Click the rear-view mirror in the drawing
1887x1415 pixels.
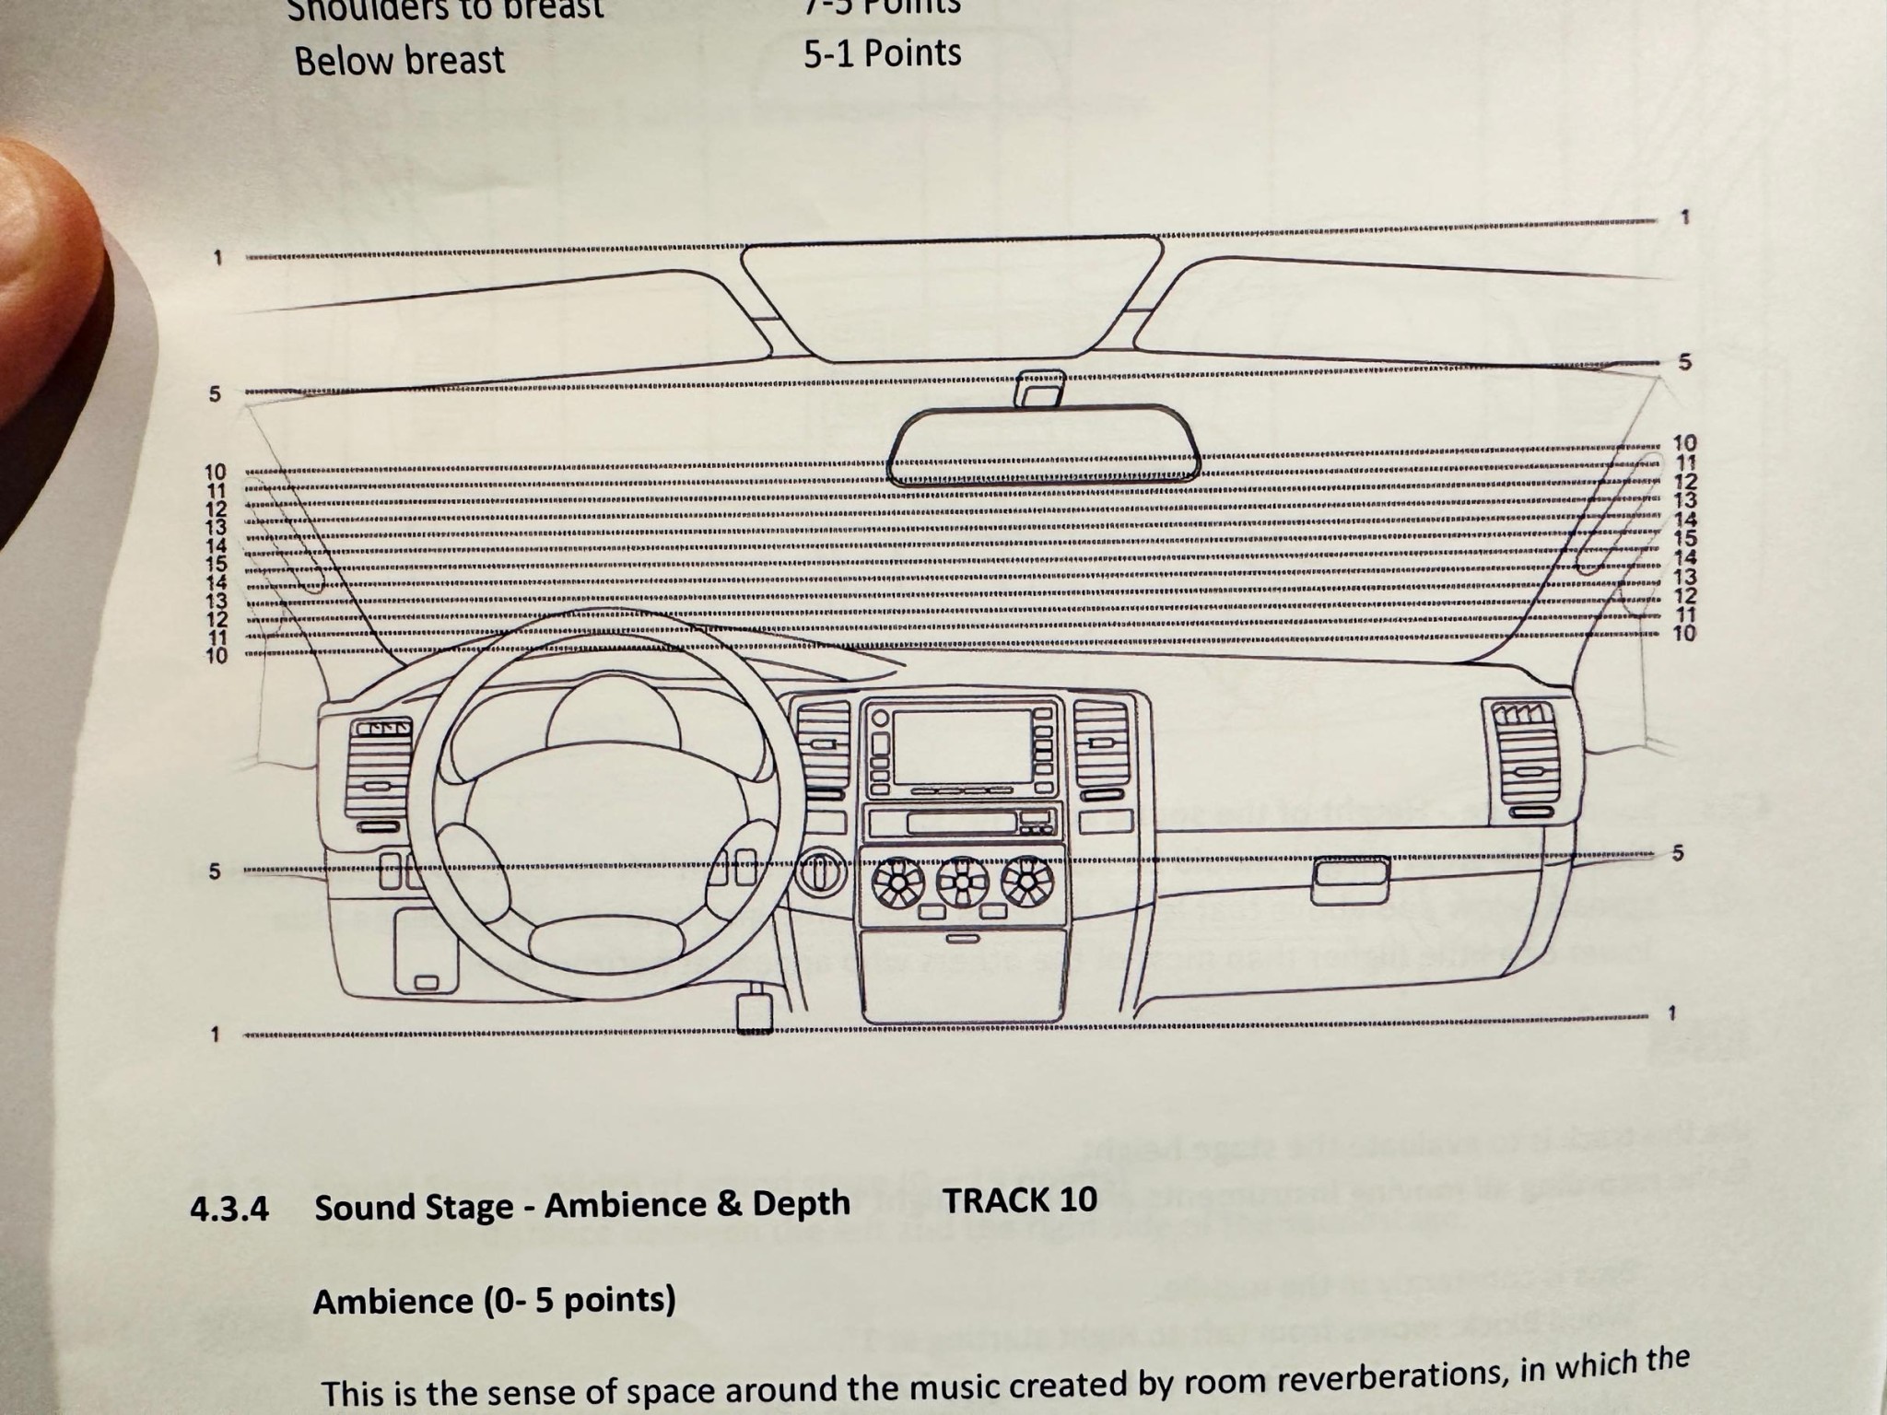pyautogui.click(x=1043, y=446)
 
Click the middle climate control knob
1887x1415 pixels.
pyautogui.click(x=963, y=882)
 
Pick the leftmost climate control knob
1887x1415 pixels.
pyautogui.click(x=897, y=882)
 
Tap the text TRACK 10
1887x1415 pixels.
pyautogui.click(x=1020, y=1200)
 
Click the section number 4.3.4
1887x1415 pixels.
pyautogui.click(x=229, y=1209)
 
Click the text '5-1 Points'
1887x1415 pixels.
pyautogui.click(x=882, y=53)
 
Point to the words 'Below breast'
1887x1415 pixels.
pyautogui.click(x=399, y=61)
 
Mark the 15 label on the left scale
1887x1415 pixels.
pyautogui.click(x=216, y=564)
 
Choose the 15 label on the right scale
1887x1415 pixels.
pyautogui.click(x=1685, y=538)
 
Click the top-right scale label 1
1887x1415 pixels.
pyautogui.click(x=1685, y=217)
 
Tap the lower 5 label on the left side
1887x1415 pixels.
pyautogui.click(x=215, y=871)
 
